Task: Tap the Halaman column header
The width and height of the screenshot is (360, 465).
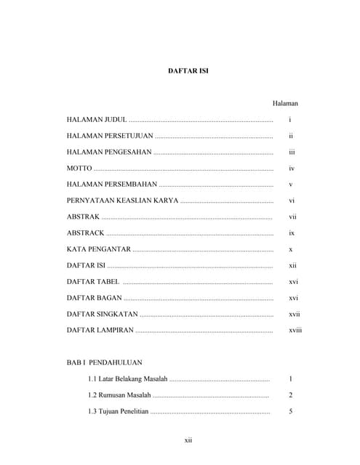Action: (x=285, y=103)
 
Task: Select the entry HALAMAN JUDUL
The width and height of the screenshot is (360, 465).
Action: (x=97, y=119)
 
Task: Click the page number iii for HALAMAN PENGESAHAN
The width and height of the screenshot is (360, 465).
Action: (x=291, y=153)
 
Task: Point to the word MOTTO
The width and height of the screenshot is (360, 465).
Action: (x=79, y=169)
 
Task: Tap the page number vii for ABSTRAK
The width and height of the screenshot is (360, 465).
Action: (x=292, y=217)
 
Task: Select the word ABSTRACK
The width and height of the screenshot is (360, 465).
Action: (x=85, y=233)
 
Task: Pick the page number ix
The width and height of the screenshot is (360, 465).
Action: (x=291, y=233)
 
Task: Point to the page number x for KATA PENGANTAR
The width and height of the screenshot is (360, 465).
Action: (x=290, y=249)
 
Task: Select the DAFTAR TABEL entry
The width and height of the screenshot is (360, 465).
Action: (x=93, y=282)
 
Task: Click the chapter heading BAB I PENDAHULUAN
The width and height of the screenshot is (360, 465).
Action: (x=104, y=362)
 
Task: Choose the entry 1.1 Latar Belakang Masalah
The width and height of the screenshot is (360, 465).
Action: (x=128, y=379)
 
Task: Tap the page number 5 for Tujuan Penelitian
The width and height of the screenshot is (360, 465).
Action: (x=290, y=411)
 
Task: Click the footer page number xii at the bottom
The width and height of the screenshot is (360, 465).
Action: (x=188, y=440)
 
